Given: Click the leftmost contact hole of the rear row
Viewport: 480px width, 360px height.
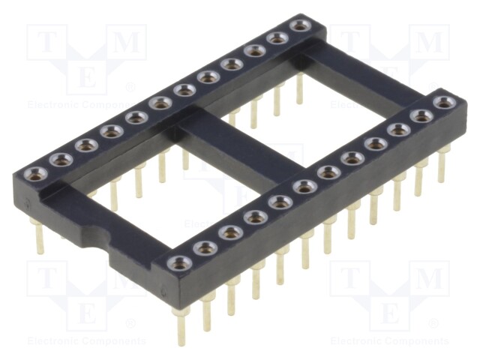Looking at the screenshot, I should [36, 175].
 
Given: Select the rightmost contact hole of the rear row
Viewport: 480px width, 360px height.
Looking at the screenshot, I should [300, 26].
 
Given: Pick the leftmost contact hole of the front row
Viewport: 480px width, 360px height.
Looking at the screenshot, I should [178, 263].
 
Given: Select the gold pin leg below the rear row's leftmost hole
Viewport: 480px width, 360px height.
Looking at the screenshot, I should [39, 236].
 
